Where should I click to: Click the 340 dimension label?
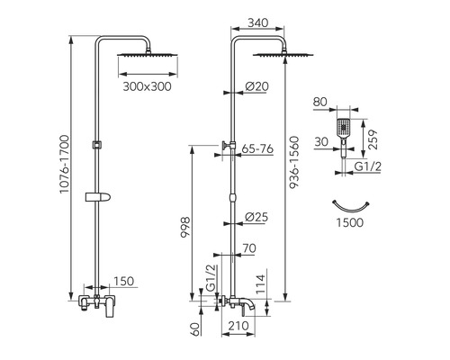click(258, 22)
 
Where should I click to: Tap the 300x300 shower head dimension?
click(147, 86)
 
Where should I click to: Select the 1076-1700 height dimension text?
click(64, 165)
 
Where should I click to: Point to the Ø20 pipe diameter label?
click(256, 86)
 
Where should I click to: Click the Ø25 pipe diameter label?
click(256, 217)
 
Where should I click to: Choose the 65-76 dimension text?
click(257, 148)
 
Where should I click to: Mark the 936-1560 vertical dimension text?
click(294, 162)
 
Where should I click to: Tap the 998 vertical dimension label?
click(185, 227)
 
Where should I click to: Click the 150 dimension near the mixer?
click(123, 281)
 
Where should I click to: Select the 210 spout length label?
click(238, 326)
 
